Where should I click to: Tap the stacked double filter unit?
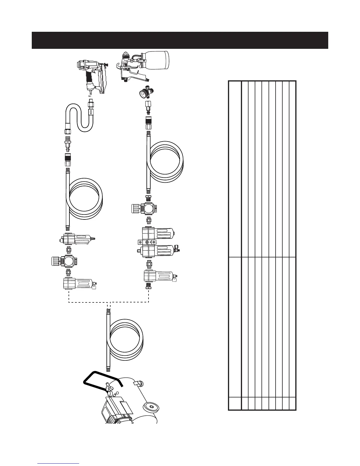click(x=157, y=243)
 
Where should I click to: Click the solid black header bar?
click(x=180, y=40)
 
